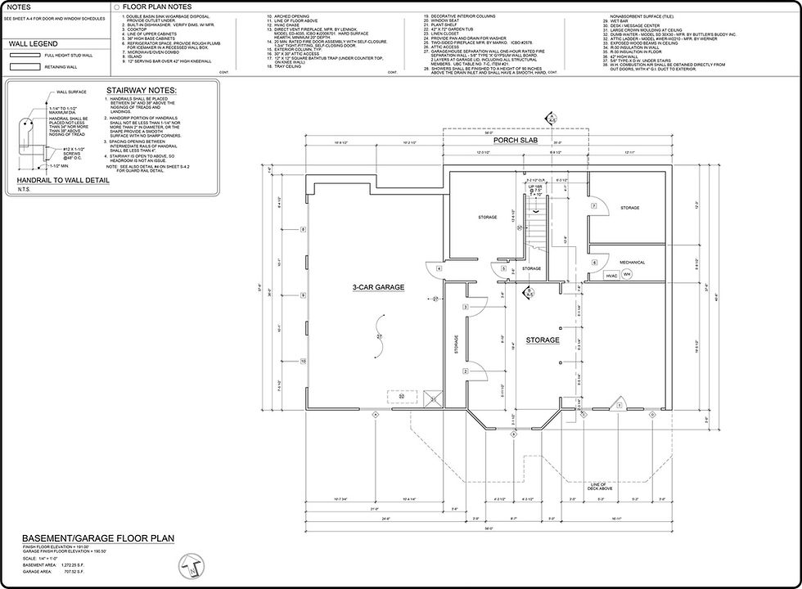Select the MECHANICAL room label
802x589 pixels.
[631, 263]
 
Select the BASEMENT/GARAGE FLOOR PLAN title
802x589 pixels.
[98, 538]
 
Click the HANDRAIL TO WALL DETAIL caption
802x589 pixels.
[61, 179]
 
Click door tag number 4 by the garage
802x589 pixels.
[439, 268]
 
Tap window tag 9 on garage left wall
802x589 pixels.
[303, 294]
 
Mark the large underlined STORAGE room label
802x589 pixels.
[543, 339]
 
